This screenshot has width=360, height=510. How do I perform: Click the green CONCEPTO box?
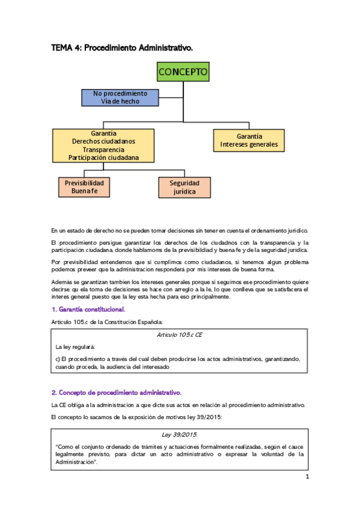point(183,73)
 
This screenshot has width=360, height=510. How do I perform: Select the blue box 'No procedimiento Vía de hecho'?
point(120,97)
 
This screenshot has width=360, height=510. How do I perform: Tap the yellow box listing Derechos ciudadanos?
point(103,146)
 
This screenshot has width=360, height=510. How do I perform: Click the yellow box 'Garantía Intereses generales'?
point(249,141)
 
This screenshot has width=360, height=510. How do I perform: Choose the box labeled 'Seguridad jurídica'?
point(185,187)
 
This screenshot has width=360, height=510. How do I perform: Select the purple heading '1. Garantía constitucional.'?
point(88,309)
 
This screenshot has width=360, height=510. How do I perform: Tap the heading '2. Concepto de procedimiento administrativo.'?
point(116,392)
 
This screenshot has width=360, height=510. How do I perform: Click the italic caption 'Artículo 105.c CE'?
point(180,334)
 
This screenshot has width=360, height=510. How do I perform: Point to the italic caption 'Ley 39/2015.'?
point(180,434)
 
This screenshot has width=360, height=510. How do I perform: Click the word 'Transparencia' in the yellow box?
point(103,149)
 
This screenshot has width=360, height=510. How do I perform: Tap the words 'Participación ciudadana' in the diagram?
point(103,158)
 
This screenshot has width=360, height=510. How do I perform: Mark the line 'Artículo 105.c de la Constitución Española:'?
point(107,322)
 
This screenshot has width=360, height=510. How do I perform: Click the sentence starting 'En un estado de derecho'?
point(180,230)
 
